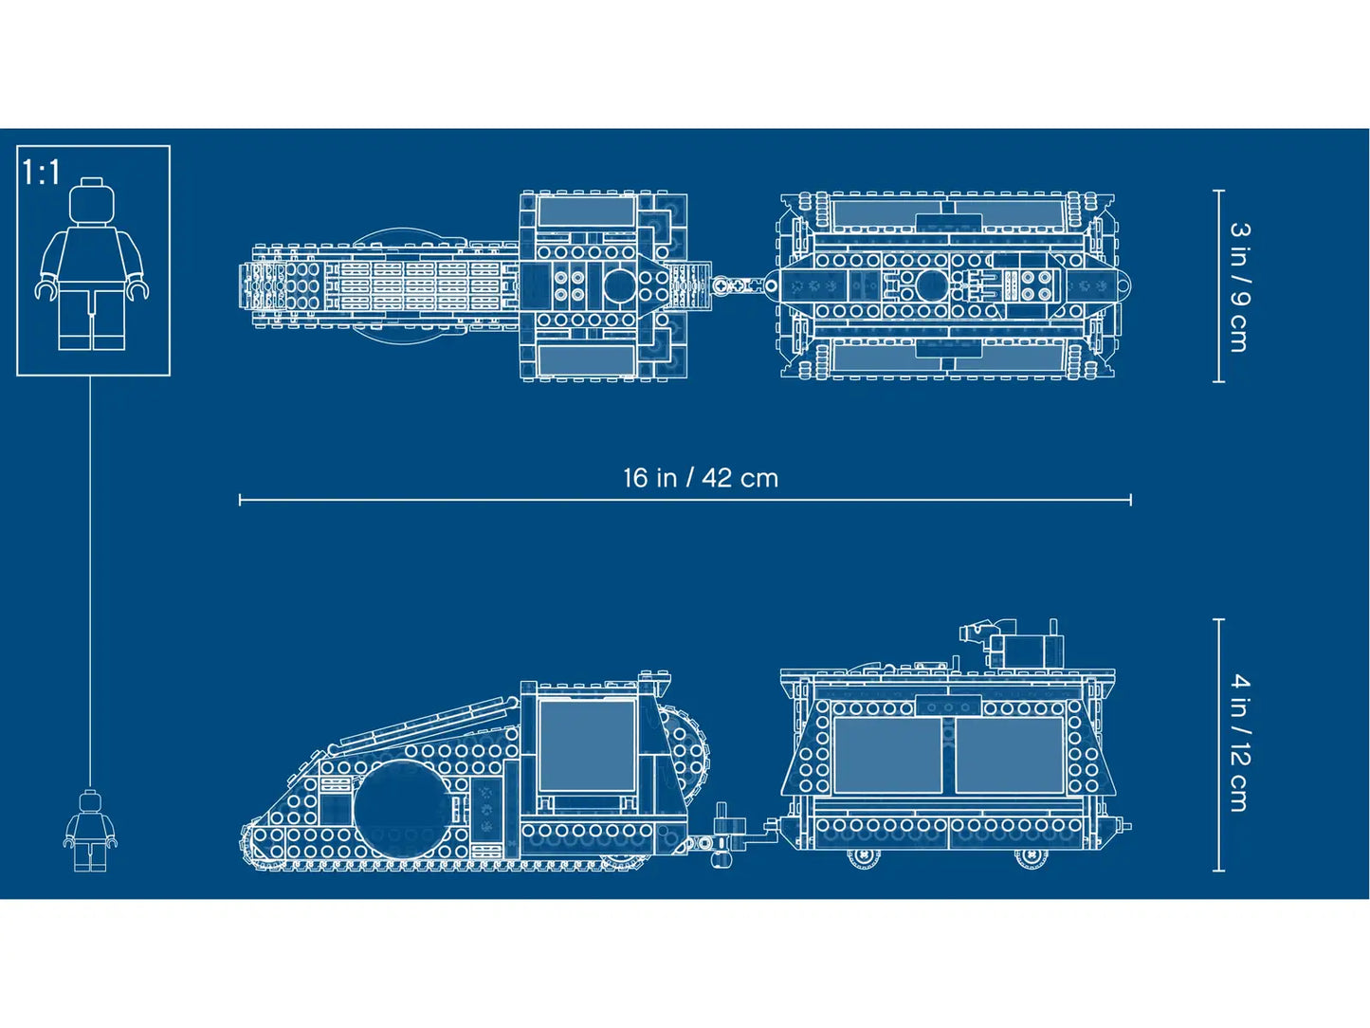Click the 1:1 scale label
(x=42, y=173)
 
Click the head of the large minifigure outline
(x=92, y=200)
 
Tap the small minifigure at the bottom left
(x=90, y=832)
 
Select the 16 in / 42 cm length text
(x=700, y=478)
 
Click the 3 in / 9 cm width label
(x=1238, y=286)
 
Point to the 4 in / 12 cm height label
(x=1239, y=742)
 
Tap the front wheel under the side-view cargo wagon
(x=863, y=855)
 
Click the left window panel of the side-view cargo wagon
(x=886, y=755)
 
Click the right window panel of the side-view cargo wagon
(x=1009, y=755)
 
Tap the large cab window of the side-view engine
(x=587, y=745)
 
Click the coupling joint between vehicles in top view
(x=740, y=285)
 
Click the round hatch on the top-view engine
(x=618, y=285)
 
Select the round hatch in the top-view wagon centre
(x=930, y=285)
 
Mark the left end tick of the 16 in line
(x=240, y=500)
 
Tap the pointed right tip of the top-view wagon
(x=1127, y=284)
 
